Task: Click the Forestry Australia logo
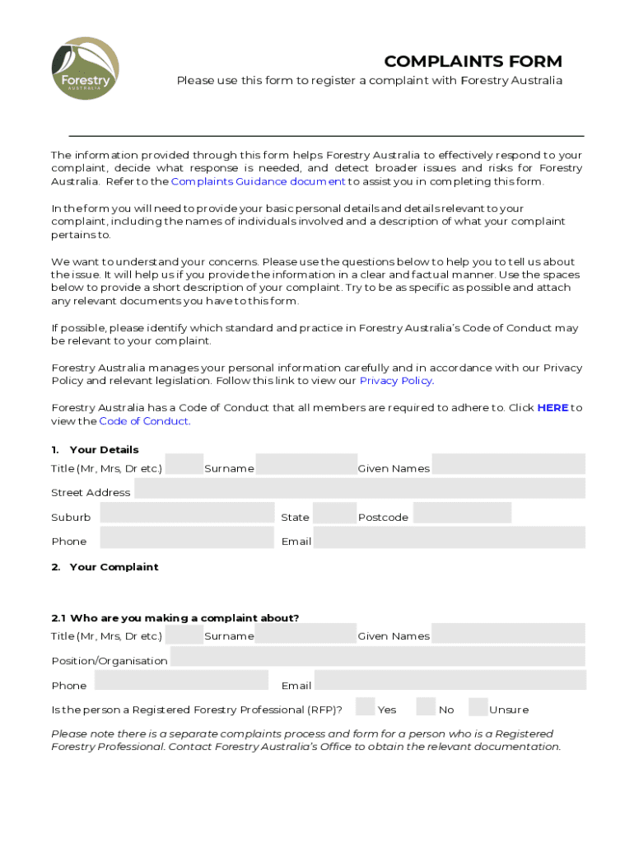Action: pos(86,69)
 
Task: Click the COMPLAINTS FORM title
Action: pos(473,62)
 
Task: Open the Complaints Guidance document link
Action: pos(258,181)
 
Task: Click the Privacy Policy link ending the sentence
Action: pos(395,381)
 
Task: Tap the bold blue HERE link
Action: pos(552,408)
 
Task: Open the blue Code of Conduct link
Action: pos(144,421)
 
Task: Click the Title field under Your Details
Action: pos(184,465)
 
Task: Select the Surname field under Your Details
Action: pos(305,465)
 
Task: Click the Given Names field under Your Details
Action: pos(508,465)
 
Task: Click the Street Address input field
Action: pos(359,489)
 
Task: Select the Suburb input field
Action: pos(186,513)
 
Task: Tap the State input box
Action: pos(334,513)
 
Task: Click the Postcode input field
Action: pos(461,513)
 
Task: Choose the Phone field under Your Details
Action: pos(185,538)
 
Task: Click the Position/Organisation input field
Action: pos(377,657)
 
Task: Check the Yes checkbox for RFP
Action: pos(366,706)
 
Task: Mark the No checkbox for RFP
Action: pos(426,706)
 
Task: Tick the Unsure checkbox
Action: pos(478,706)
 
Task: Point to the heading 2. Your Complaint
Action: pos(105,567)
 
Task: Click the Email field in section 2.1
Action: pos(450,681)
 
